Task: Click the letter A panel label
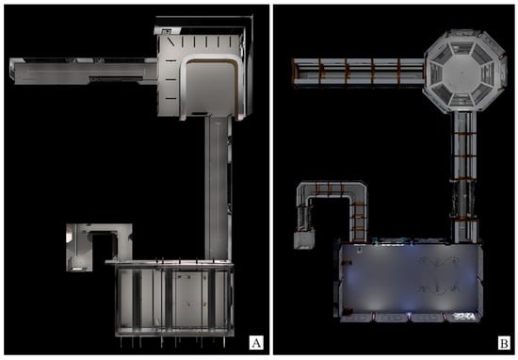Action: coord(256,343)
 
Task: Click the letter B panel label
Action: coord(504,343)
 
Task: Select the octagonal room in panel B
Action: coord(464,72)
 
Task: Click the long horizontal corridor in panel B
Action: coord(358,74)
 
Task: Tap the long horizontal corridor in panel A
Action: coord(84,71)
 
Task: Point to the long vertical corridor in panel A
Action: coord(219,188)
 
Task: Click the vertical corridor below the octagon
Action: coord(464,177)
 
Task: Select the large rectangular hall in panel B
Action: coord(410,280)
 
